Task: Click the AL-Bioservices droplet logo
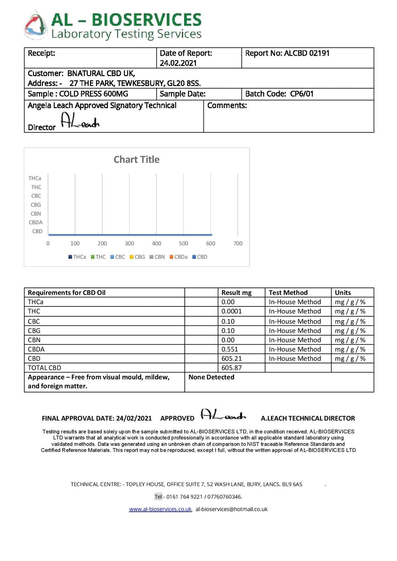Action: coord(36,25)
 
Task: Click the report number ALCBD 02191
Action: coord(306,53)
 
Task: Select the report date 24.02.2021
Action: coord(178,63)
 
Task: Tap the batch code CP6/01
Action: coord(302,94)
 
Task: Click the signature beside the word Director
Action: coord(80,121)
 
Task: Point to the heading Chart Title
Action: coord(136,159)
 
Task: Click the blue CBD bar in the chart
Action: coord(130,235)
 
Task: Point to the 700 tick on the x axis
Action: coord(238,243)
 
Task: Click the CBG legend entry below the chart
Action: coord(137,257)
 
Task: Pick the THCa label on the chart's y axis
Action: coord(35,178)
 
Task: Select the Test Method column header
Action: coord(288,293)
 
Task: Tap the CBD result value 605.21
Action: coord(232,359)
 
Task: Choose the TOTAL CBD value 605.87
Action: coord(232,368)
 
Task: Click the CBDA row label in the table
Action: coord(36,349)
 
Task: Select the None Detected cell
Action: coord(211,377)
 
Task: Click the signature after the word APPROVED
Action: coord(223,415)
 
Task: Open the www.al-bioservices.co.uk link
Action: coord(160,509)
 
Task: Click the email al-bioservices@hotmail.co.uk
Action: coord(232,509)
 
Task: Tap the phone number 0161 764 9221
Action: coord(184,497)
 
